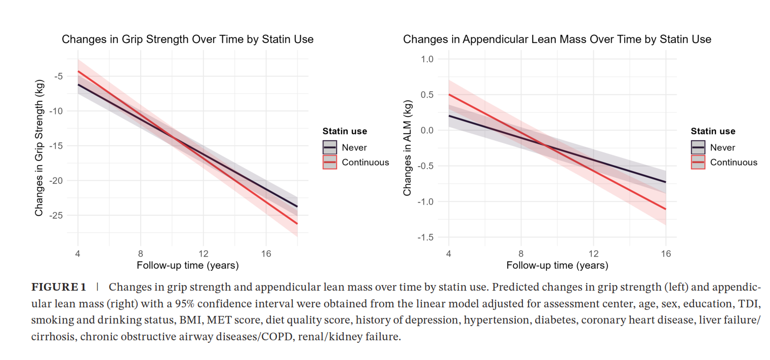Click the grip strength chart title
187,39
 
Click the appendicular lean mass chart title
557,39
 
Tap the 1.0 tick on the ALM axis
428,59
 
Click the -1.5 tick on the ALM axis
426,237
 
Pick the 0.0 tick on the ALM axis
428,131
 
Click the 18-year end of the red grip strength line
297,223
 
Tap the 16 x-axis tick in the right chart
666,253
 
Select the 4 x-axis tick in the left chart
78,253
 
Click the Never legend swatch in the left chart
330,148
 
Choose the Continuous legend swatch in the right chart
698,163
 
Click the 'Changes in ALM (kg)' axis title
408,148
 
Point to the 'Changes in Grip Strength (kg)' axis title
39,148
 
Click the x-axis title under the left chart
187,265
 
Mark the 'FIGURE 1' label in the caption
59,288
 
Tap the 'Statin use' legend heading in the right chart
713,131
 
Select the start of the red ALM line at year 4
449,95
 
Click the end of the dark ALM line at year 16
666,182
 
